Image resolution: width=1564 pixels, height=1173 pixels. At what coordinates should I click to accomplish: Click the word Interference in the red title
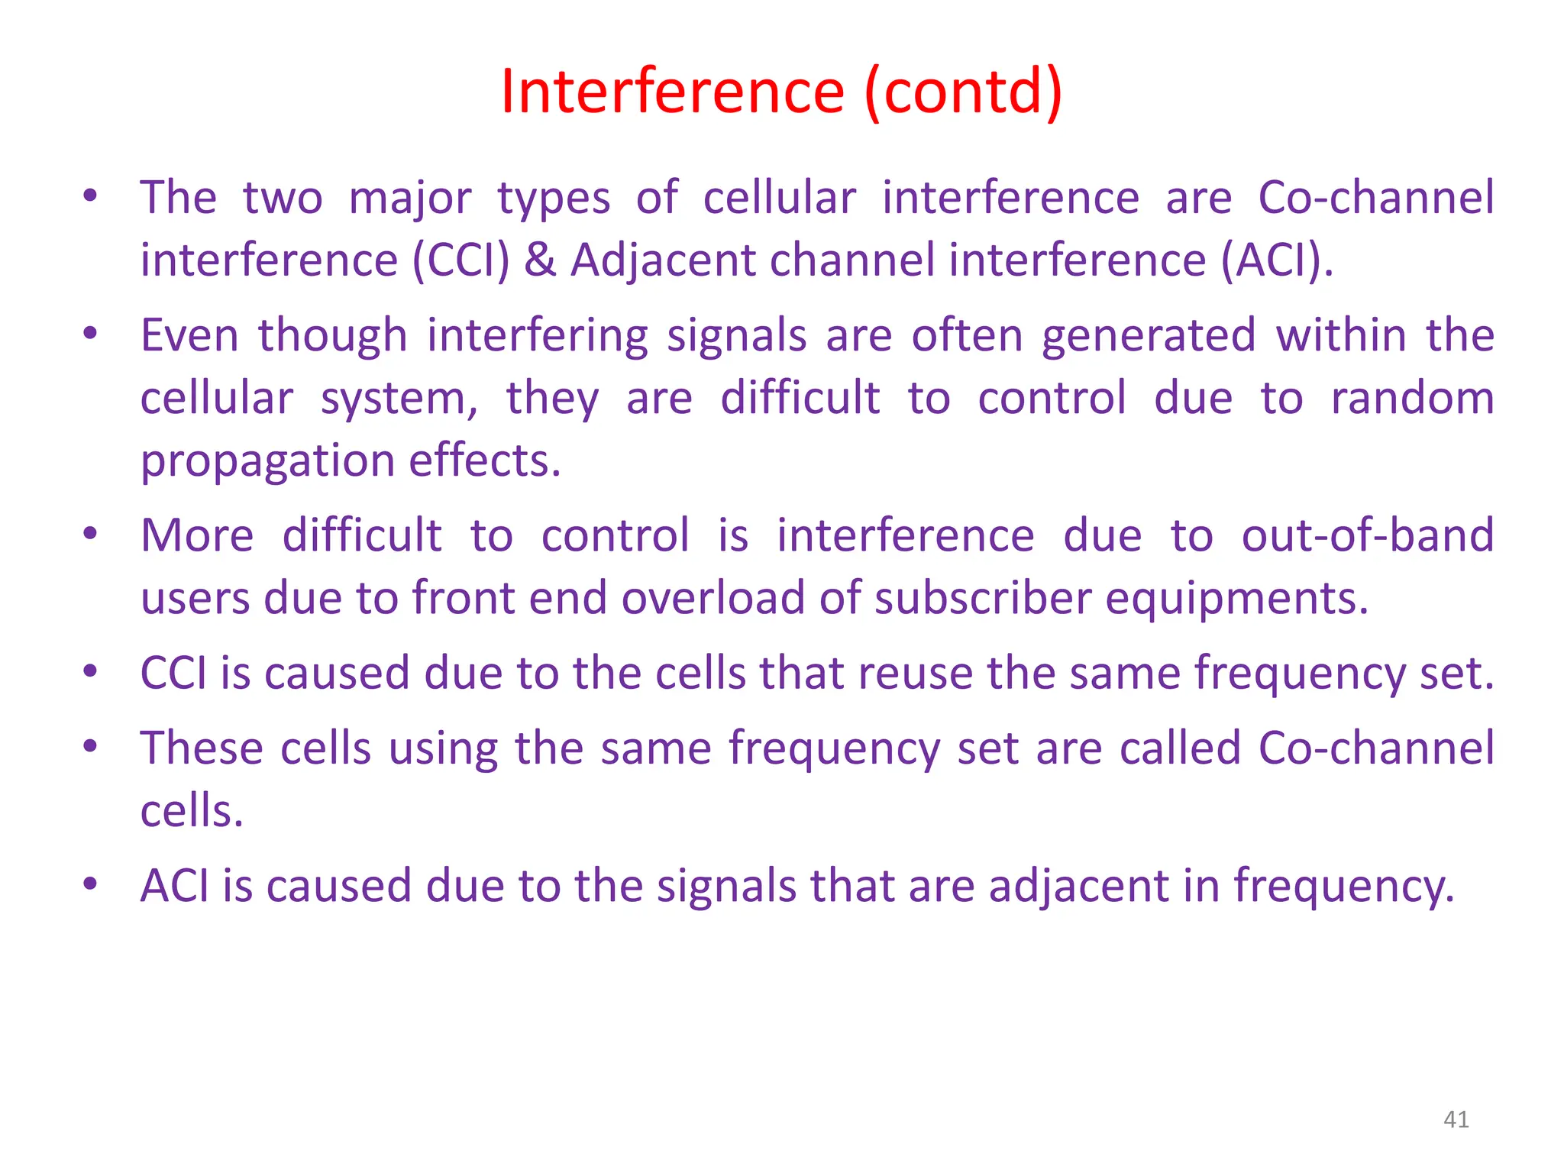(x=672, y=92)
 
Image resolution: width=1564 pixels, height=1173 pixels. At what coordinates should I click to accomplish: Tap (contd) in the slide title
(x=963, y=92)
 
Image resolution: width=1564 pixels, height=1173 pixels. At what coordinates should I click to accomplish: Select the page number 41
(x=1456, y=1120)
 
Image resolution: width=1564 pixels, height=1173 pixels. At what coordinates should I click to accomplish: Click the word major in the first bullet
(x=410, y=199)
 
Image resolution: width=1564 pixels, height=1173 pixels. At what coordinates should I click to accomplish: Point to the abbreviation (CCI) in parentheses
(x=460, y=260)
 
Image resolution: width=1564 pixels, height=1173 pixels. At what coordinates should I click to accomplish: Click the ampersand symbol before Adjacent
(x=540, y=260)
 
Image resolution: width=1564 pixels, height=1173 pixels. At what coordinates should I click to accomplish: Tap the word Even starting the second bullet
(x=189, y=335)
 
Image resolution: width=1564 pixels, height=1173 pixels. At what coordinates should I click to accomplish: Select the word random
(x=1412, y=399)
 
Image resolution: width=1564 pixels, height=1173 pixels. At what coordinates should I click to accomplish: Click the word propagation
(x=267, y=461)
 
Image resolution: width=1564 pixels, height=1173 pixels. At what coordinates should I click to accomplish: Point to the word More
(x=197, y=535)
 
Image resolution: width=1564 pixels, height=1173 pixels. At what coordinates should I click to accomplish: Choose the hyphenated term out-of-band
(x=1367, y=535)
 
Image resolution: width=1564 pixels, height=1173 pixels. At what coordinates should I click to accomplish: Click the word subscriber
(x=983, y=598)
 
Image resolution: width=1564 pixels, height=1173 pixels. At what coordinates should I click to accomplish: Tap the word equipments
(x=1236, y=598)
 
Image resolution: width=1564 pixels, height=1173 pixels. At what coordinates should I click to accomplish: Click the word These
(x=202, y=748)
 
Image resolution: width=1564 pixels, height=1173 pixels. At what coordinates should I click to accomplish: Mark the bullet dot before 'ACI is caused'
(x=90, y=884)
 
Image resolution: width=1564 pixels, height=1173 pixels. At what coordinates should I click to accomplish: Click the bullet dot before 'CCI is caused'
(x=90, y=671)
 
